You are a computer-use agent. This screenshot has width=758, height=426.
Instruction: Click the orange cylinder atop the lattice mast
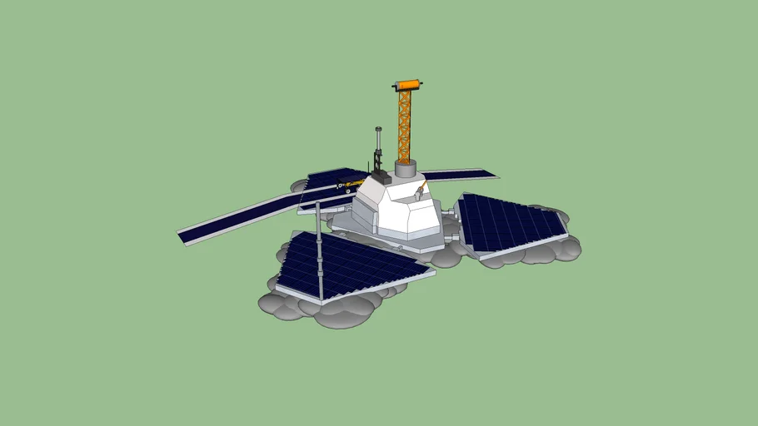pyautogui.click(x=408, y=85)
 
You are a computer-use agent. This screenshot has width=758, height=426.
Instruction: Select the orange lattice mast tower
pyautogui.click(x=405, y=125)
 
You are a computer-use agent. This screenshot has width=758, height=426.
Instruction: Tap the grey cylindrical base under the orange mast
pyautogui.click(x=406, y=169)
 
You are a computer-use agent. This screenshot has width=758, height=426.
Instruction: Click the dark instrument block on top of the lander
pyautogui.click(x=380, y=176)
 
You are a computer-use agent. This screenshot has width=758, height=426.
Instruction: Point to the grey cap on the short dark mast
pyautogui.click(x=378, y=130)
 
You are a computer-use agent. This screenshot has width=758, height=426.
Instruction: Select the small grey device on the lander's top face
pyautogui.click(x=417, y=194)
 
